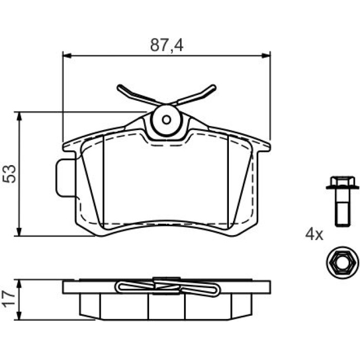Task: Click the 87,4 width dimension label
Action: pyautogui.click(x=167, y=45)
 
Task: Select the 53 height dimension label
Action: pyautogui.click(x=9, y=174)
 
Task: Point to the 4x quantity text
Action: pyautogui.click(x=314, y=235)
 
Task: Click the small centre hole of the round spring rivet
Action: pyautogui.click(x=166, y=120)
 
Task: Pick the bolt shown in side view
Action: pyautogui.click(x=343, y=201)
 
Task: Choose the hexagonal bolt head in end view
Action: pyautogui.click(x=343, y=263)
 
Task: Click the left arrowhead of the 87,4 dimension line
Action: pyautogui.click(x=67, y=56)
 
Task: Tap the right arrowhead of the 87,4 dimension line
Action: pyautogui.click(x=266, y=56)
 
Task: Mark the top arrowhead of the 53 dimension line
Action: pyautogui.click(x=20, y=117)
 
